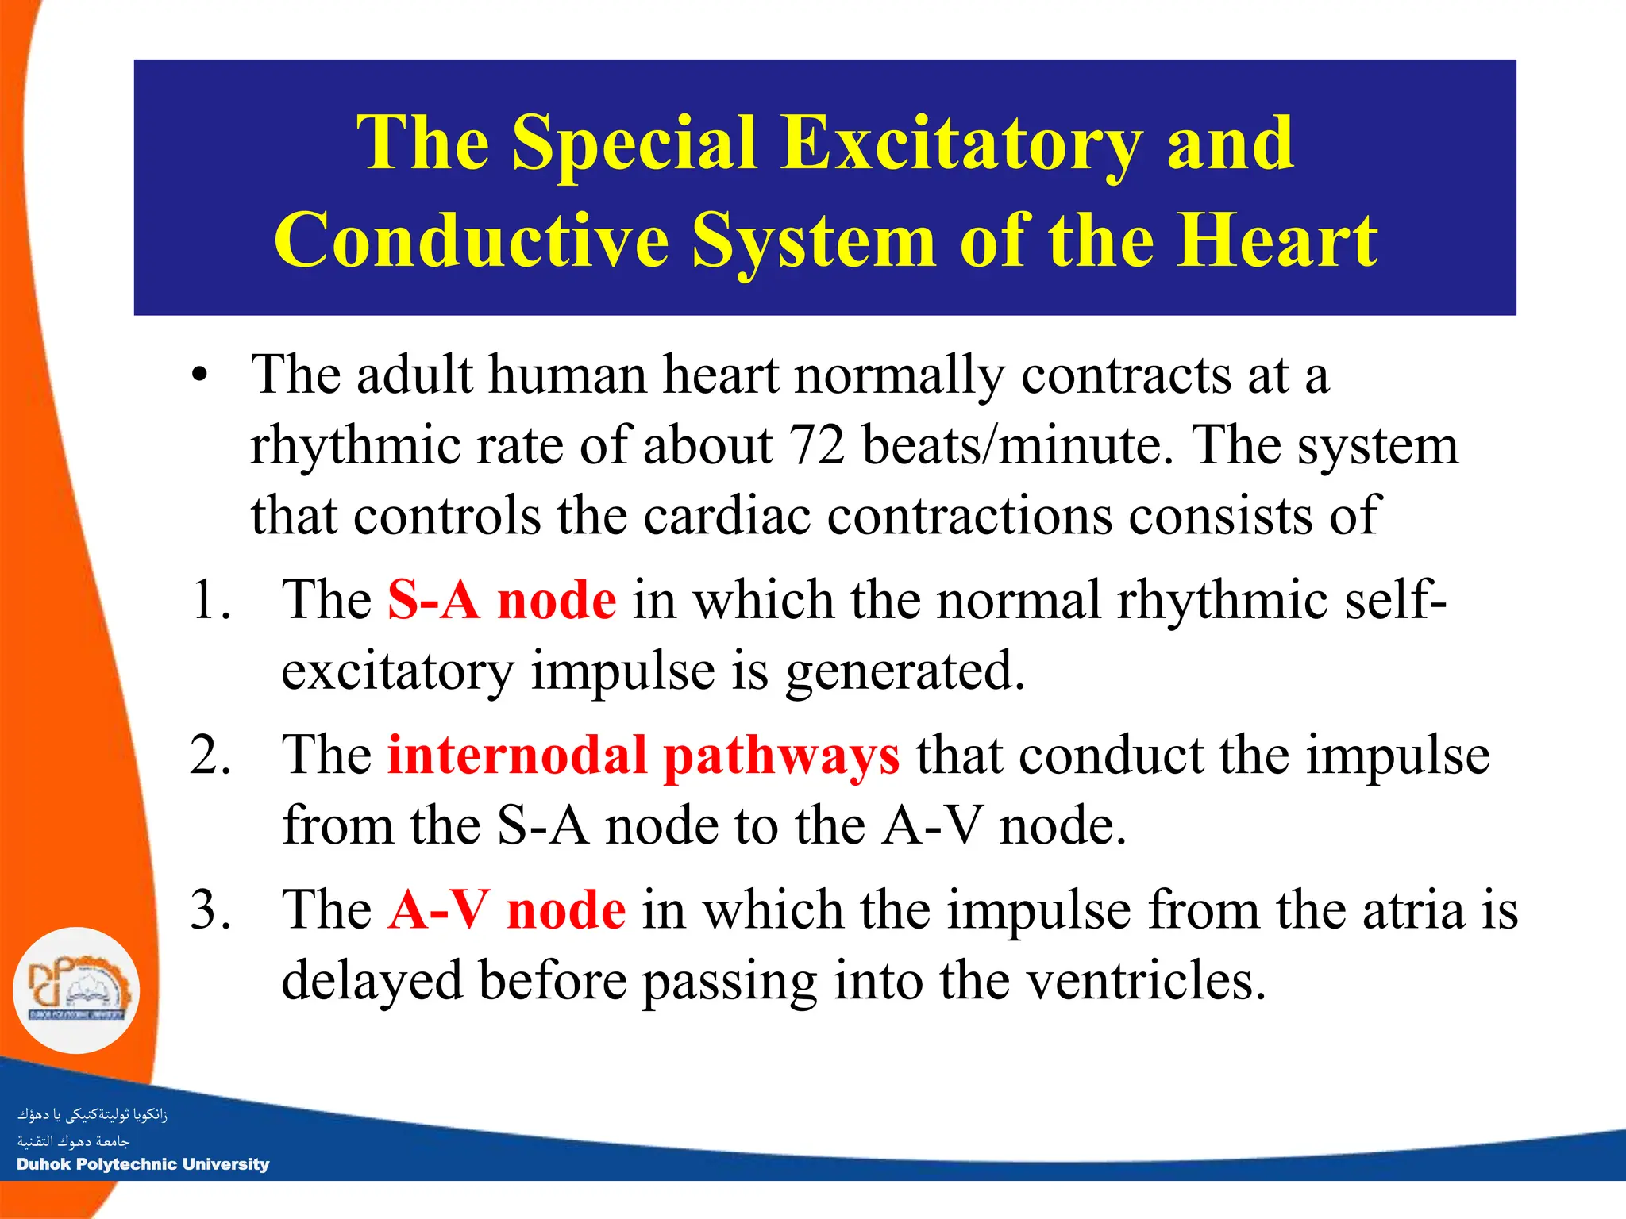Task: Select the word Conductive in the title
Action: click(x=472, y=240)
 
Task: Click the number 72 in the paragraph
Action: click(x=817, y=445)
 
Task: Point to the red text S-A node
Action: click(x=502, y=600)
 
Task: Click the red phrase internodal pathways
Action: click(x=643, y=755)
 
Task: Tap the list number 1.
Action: click(x=210, y=600)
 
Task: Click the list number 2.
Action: click(x=210, y=755)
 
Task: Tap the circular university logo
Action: click(x=76, y=990)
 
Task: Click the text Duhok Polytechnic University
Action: click(x=143, y=1164)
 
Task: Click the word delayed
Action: click(x=372, y=981)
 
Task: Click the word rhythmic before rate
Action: click(x=354, y=447)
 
